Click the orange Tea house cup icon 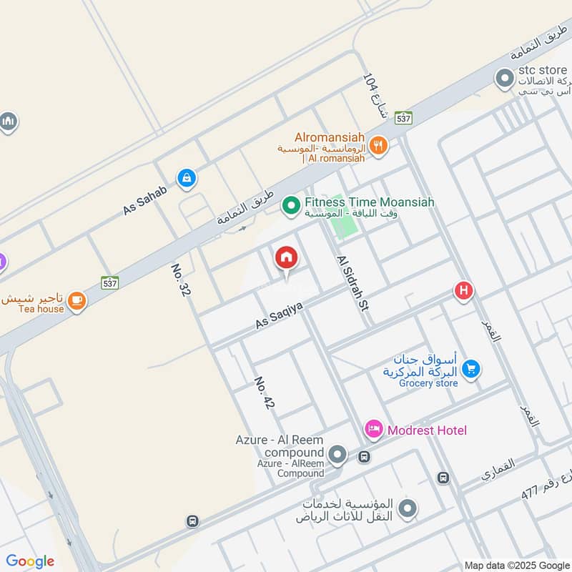coord(77,302)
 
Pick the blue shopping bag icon coord(186,178)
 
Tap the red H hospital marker coord(464,291)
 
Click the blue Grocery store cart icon coord(470,369)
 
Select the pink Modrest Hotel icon coord(373,429)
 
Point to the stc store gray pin coord(506,79)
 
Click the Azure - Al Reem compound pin coord(337,454)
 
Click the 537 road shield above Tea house coord(109,282)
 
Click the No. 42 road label coord(264,393)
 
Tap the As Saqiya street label coord(280,315)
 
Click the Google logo coord(30,561)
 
